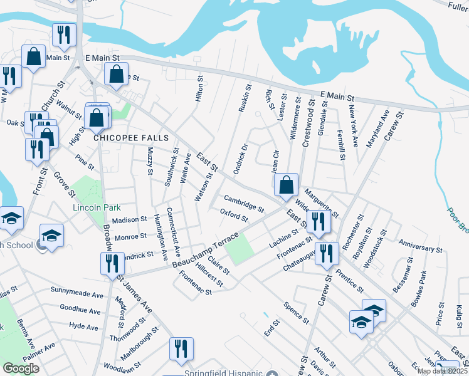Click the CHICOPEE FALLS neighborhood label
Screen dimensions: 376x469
click(124, 137)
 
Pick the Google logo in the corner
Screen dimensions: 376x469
click(21, 368)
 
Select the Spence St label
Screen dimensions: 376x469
click(297, 314)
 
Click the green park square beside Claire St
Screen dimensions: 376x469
click(239, 250)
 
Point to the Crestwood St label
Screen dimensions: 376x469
click(308, 126)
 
